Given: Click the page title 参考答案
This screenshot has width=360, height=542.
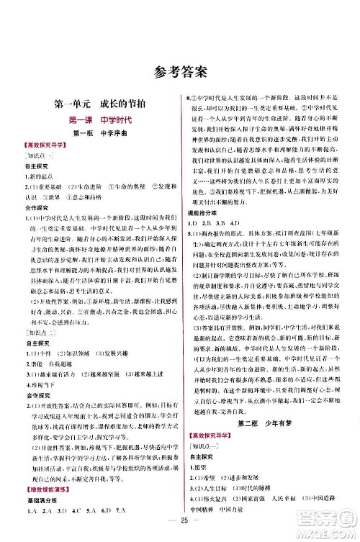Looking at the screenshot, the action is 180,70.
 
